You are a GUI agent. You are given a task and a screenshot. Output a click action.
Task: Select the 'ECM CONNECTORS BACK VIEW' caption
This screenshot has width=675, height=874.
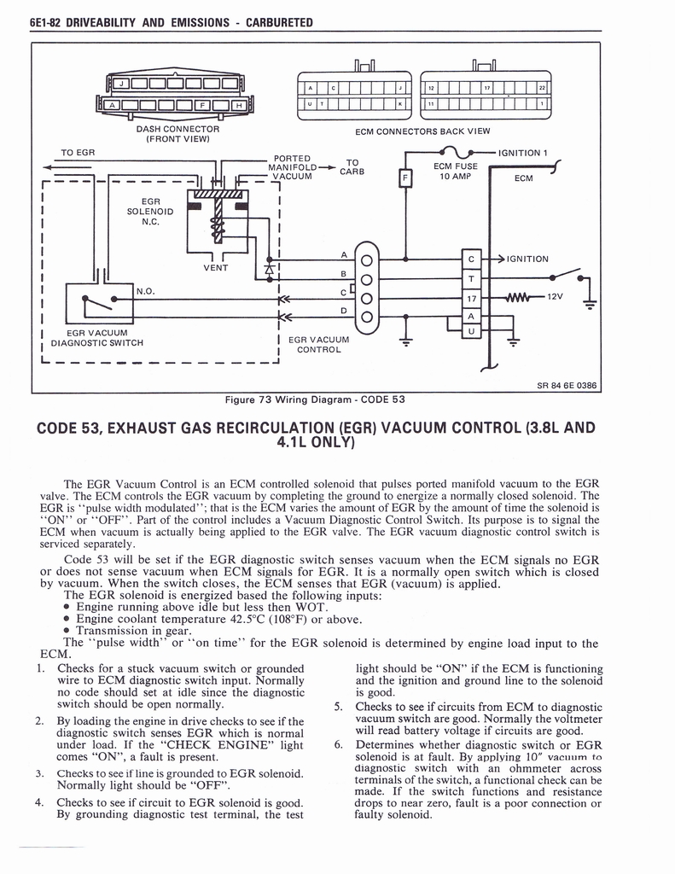tap(422, 132)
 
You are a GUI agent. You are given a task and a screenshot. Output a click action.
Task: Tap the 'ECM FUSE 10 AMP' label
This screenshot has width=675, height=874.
tap(455, 172)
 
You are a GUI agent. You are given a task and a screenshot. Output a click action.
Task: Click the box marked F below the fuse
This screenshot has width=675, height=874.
tap(405, 178)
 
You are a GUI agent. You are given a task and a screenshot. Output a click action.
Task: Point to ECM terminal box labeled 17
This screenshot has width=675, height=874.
tap(472, 299)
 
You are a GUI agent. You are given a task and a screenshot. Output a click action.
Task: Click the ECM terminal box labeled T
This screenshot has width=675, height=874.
tap(472, 279)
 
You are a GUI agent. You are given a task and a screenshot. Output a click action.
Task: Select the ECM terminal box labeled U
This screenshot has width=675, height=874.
tap(472, 331)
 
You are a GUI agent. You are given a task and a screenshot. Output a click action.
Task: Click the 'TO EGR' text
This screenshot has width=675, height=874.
tap(78, 152)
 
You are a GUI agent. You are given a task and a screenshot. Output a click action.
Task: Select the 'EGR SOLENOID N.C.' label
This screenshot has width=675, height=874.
tap(151, 211)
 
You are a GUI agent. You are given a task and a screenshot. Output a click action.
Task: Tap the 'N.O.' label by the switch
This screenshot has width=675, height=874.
tap(145, 290)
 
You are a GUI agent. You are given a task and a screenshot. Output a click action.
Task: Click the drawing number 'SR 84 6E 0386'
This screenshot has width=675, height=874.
tap(567, 385)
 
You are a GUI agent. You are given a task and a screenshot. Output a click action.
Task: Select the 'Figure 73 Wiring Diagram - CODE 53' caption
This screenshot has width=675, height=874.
tap(314, 399)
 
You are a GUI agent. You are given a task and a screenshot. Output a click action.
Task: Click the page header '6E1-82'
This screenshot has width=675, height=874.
tap(27, 21)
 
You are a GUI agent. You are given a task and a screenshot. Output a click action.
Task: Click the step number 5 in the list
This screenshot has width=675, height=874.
tap(338, 707)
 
